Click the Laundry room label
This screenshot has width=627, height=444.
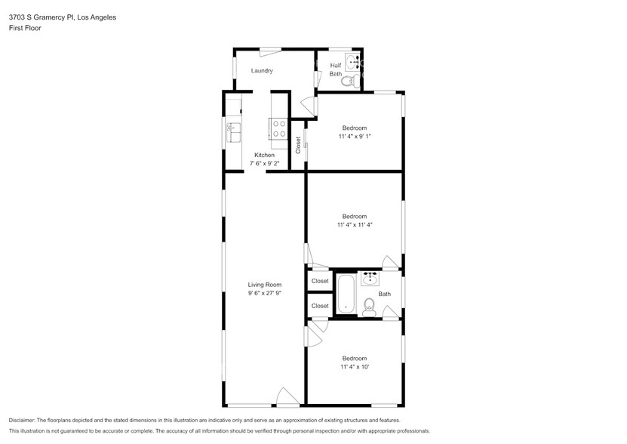coord(262,71)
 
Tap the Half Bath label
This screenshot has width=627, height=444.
coord(336,69)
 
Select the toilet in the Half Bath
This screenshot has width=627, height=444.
coord(349,80)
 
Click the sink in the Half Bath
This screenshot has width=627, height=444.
coord(352,62)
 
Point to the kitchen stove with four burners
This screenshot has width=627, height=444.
coord(278,130)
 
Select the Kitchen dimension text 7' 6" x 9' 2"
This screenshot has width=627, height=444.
coord(263,163)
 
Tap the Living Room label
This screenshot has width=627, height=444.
coord(264,285)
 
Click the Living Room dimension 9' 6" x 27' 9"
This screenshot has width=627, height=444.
coord(264,293)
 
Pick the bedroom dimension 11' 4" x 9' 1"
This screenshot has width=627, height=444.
coord(354,137)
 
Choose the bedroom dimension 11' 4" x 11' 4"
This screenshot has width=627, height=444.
coord(354,224)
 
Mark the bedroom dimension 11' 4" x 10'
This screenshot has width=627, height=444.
coord(354,367)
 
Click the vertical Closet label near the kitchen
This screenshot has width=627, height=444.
coord(298,143)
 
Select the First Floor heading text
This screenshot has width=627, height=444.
coord(26,27)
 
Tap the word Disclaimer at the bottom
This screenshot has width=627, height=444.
coord(26,420)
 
